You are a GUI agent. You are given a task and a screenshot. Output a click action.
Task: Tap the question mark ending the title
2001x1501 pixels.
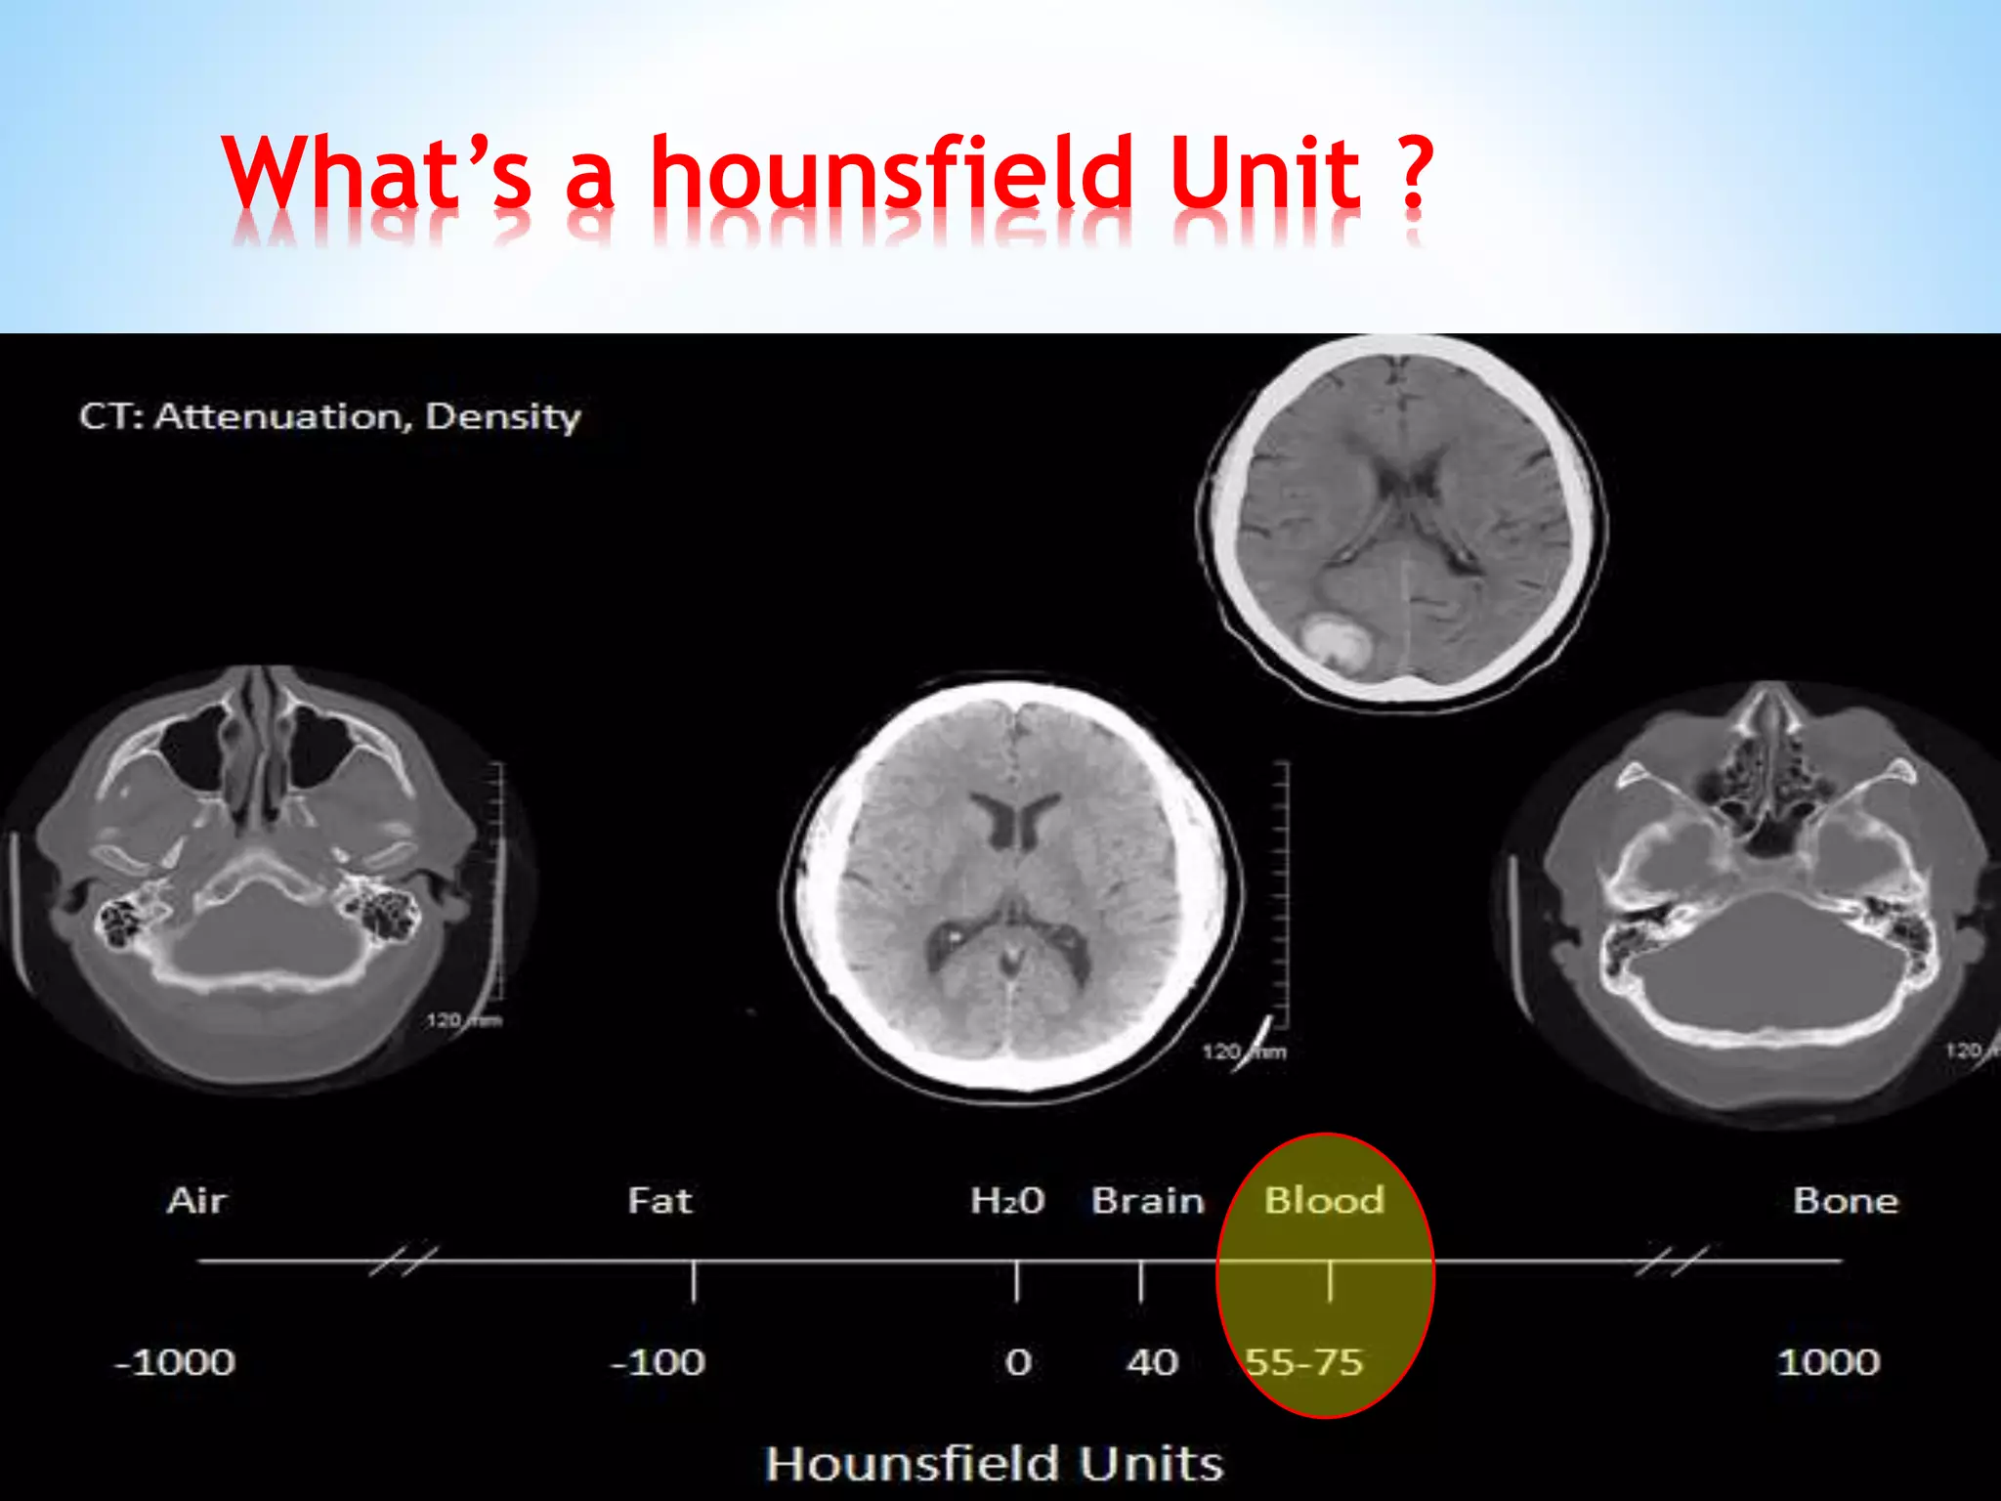point(1411,173)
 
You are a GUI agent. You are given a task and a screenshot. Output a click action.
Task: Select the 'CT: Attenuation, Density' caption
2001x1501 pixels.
point(330,417)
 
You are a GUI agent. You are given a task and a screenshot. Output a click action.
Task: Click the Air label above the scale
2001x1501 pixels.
point(196,1200)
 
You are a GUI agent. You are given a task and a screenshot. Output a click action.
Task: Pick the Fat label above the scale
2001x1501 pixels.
point(660,1200)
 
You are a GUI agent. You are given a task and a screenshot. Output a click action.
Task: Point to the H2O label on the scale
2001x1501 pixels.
point(1007,1200)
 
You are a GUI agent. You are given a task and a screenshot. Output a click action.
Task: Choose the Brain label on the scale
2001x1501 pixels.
point(1147,1200)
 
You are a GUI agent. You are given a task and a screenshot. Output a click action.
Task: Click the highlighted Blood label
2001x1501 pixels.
point(1324,1200)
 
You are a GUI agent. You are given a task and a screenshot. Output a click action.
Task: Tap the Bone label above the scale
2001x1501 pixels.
point(1846,1200)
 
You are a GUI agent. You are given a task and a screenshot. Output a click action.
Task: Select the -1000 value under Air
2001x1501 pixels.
point(176,1362)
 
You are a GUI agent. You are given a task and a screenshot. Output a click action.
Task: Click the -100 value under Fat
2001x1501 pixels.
point(658,1362)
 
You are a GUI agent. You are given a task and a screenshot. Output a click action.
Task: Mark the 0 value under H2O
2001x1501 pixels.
point(1018,1362)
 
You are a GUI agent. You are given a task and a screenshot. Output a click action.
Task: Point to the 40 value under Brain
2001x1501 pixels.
point(1153,1362)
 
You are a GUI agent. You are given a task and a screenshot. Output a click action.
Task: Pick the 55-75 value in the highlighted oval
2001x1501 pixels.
point(1304,1362)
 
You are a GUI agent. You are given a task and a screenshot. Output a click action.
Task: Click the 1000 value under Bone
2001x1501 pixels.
point(1828,1362)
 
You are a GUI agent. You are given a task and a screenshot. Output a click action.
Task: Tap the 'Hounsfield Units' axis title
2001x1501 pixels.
point(995,1464)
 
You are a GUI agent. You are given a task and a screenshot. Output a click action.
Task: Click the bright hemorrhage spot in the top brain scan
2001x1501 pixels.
point(1334,640)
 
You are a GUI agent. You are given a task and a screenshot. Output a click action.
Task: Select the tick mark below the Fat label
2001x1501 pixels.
point(694,1281)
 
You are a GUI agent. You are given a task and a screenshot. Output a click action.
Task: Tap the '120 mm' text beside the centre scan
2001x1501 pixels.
point(1244,1052)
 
